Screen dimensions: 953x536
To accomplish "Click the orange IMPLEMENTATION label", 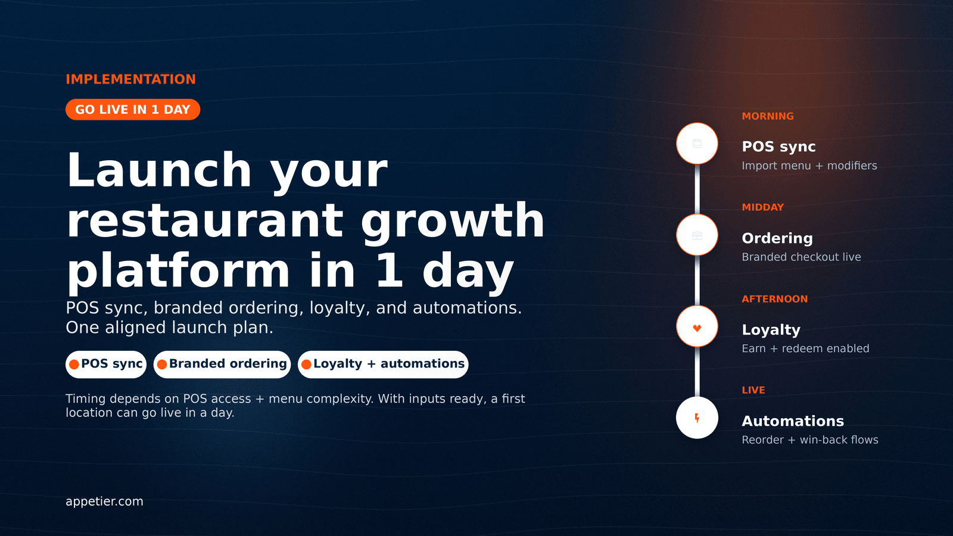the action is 130,79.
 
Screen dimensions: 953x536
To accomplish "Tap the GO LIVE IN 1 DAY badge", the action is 133,110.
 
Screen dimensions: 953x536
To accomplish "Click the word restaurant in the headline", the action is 205,220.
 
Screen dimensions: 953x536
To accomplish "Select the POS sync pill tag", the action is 106,364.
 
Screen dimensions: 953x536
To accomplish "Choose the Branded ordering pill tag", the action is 222,364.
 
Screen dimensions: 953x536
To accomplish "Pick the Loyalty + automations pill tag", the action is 383,364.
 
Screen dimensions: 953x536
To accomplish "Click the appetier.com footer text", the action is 104,501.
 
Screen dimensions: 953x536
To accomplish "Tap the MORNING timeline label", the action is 768,116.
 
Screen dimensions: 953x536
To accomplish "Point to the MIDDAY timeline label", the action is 762,207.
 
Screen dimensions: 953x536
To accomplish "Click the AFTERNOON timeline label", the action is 774,299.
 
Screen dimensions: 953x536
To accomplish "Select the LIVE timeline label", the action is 753,390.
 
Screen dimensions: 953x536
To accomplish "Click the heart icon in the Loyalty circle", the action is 697,328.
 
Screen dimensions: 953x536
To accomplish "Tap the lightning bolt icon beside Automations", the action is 697,418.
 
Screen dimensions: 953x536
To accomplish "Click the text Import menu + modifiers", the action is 809,166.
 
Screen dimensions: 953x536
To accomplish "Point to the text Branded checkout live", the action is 801,257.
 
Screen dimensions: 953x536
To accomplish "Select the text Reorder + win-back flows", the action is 809,440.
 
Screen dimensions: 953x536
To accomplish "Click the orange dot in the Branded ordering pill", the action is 161,364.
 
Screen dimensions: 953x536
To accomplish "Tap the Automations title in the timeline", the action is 793,421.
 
